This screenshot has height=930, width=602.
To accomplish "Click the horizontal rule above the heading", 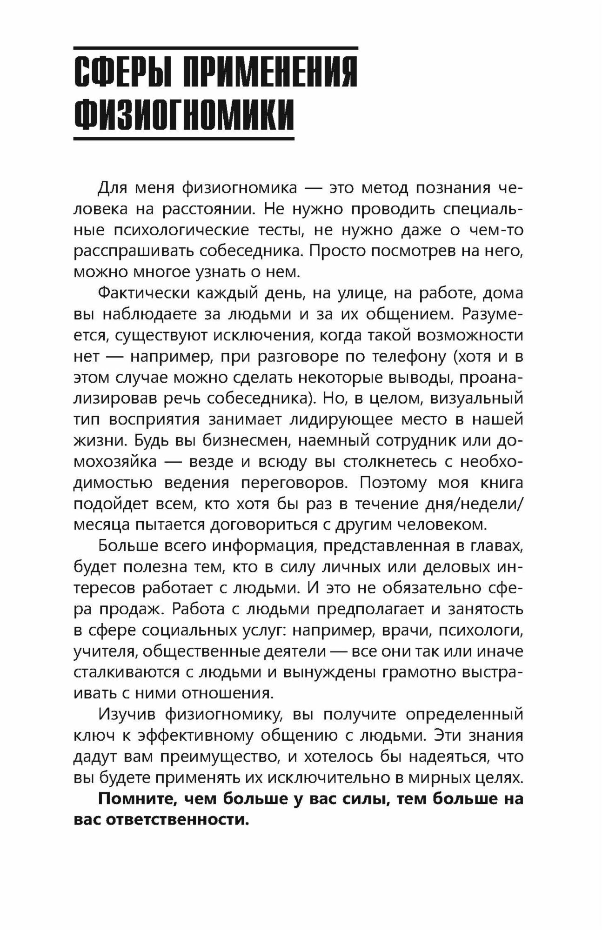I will click(216, 48).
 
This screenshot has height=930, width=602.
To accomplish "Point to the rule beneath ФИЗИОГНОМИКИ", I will click(184, 138).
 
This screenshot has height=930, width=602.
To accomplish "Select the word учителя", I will click(104, 651).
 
